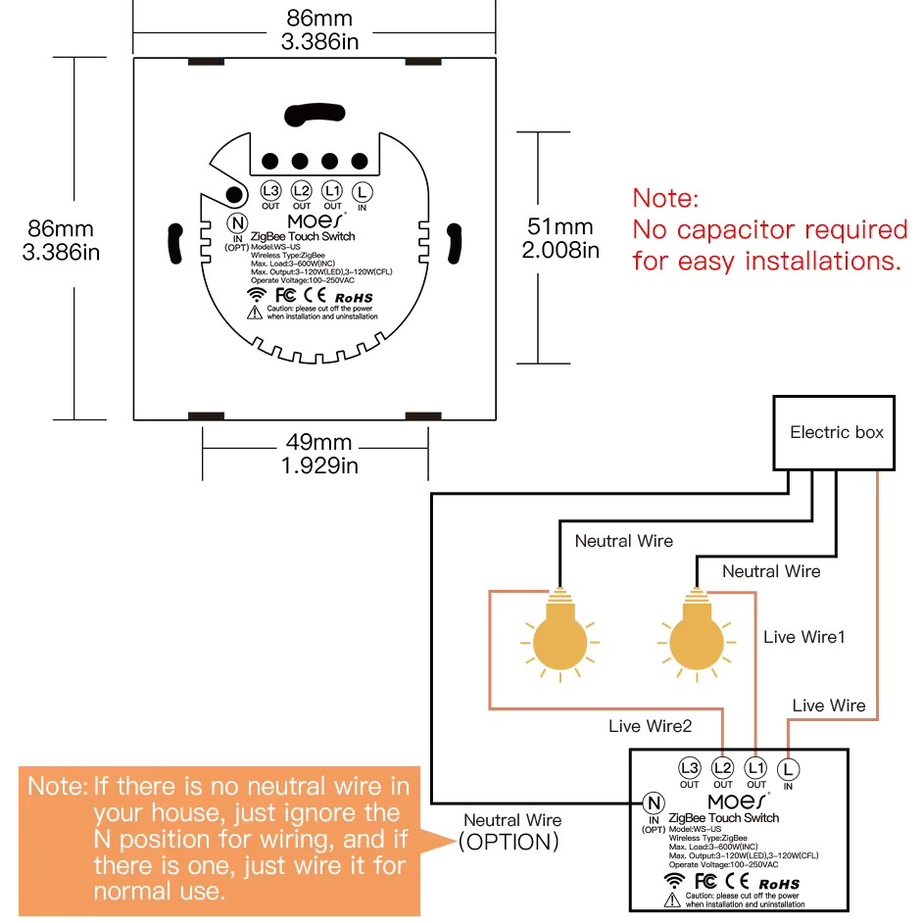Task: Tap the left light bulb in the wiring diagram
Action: point(559,637)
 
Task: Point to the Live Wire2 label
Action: point(650,726)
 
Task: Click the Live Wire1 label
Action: point(803,637)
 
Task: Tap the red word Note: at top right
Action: point(665,198)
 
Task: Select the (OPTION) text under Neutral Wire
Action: point(510,842)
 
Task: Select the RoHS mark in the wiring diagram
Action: point(778,884)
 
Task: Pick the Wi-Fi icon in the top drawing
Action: point(256,294)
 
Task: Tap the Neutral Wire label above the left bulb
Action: point(623,541)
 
